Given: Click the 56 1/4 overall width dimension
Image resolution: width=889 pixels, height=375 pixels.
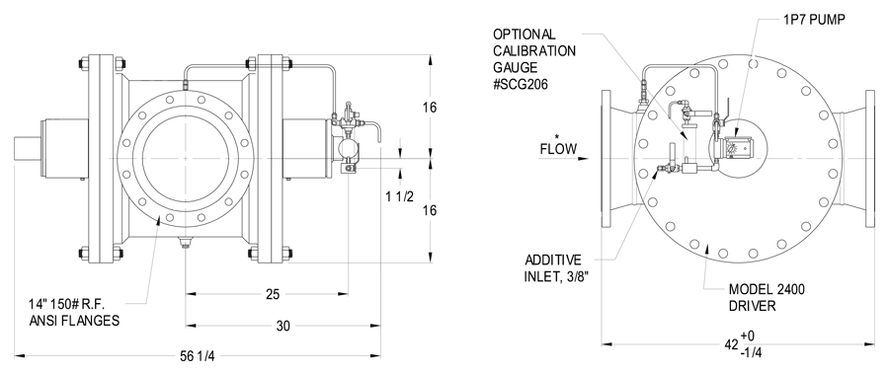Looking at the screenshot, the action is click(198, 356).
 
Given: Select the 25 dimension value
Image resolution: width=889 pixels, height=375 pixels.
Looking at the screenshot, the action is click(274, 294).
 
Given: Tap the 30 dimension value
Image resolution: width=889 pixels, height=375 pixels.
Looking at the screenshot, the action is click(283, 326).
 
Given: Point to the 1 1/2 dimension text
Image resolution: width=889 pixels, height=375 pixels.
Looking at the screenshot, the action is click(400, 196).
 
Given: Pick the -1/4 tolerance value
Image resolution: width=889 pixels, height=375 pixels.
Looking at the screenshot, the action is click(752, 352).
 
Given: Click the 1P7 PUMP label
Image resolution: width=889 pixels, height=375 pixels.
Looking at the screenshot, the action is click(814, 20).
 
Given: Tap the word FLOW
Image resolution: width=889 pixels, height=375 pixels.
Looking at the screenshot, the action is click(558, 150).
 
